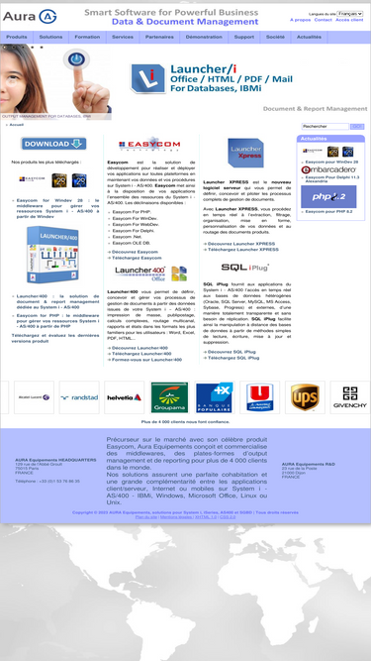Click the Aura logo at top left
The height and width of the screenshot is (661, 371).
31,17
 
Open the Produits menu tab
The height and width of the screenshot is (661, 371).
17,37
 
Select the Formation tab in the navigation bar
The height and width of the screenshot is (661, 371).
87,37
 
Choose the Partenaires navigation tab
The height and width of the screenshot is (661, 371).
159,37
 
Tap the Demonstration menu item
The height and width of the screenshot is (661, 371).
204,37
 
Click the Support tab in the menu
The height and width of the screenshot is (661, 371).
243,37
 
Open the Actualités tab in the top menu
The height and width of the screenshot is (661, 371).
309,37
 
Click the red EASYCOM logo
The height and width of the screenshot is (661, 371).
149,145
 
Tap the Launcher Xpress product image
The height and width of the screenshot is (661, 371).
245,154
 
